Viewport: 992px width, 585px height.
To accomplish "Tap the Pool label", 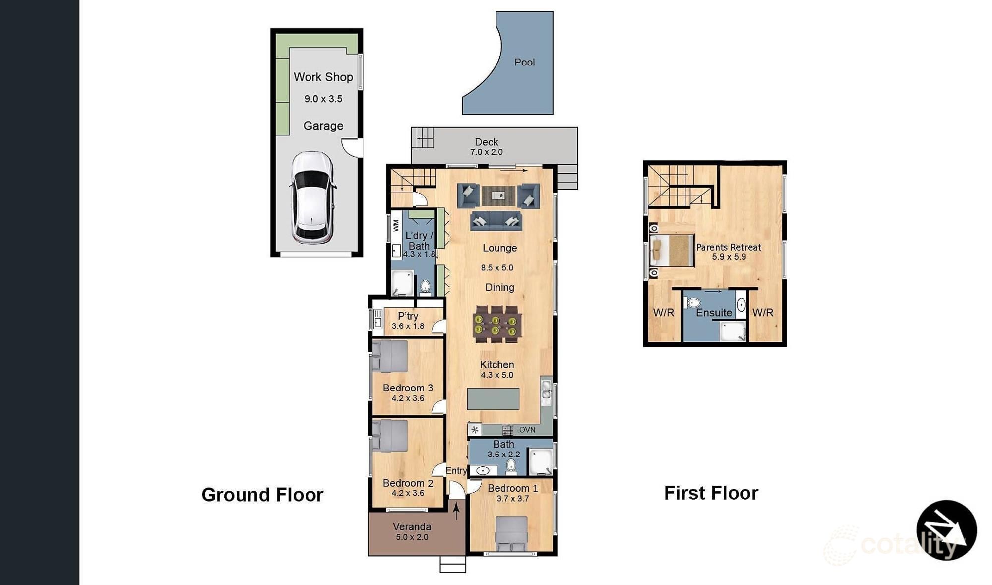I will pyautogui.click(x=524, y=63).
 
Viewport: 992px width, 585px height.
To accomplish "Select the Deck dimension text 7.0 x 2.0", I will pyautogui.click(x=486, y=152).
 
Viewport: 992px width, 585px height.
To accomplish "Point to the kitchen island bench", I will pyautogui.click(x=493, y=399).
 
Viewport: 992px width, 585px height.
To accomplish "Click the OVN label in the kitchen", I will pyautogui.click(x=527, y=430).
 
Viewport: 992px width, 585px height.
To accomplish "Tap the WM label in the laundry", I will pyautogui.click(x=396, y=225).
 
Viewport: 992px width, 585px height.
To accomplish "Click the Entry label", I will pyautogui.click(x=456, y=470).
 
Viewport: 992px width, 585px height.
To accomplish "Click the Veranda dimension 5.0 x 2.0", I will pyautogui.click(x=412, y=537).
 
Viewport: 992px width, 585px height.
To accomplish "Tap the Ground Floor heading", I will pyautogui.click(x=262, y=495).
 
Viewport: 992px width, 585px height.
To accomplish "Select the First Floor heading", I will pyautogui.click(x=711, y=493).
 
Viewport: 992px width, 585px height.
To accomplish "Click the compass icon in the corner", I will pyautogui.click(x=946, y=530).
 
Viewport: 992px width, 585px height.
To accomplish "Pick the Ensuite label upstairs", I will pyautogui.click(x=714, y=313).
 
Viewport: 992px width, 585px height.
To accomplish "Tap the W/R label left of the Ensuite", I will pyautogui.click(x=663, y=313).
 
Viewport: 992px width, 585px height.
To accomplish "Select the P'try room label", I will pyautogui.click(x=408, y=316).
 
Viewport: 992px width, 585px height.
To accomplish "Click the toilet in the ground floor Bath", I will pyautogui.click(x=511, y=466).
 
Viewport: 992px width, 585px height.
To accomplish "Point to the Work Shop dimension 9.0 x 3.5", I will pyautogui.click(x=323, y=99).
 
